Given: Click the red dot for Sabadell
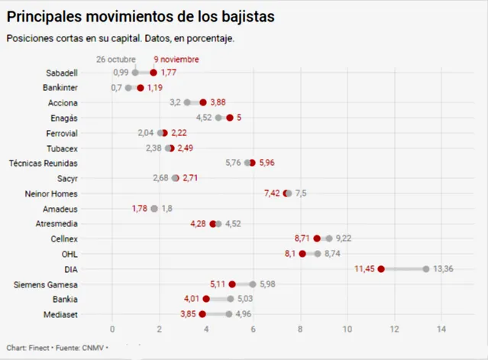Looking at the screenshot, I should click(154, 73).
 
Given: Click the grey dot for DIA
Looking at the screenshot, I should click(426, 268).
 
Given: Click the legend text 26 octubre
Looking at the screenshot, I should click(116, 59).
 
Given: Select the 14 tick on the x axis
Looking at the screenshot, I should click(441, 329).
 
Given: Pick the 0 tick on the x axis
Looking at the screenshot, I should click(112, 329).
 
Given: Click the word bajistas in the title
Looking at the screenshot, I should click(227, 16).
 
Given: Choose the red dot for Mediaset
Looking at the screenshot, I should click(202, 313).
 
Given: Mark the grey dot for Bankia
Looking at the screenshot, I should click(231, 299).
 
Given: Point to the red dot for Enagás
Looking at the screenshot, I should click(230, 118).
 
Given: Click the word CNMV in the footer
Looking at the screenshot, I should click(92, 348).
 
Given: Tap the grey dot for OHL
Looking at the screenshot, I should click(318, 254).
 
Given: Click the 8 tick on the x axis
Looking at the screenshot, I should click(300, 329).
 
